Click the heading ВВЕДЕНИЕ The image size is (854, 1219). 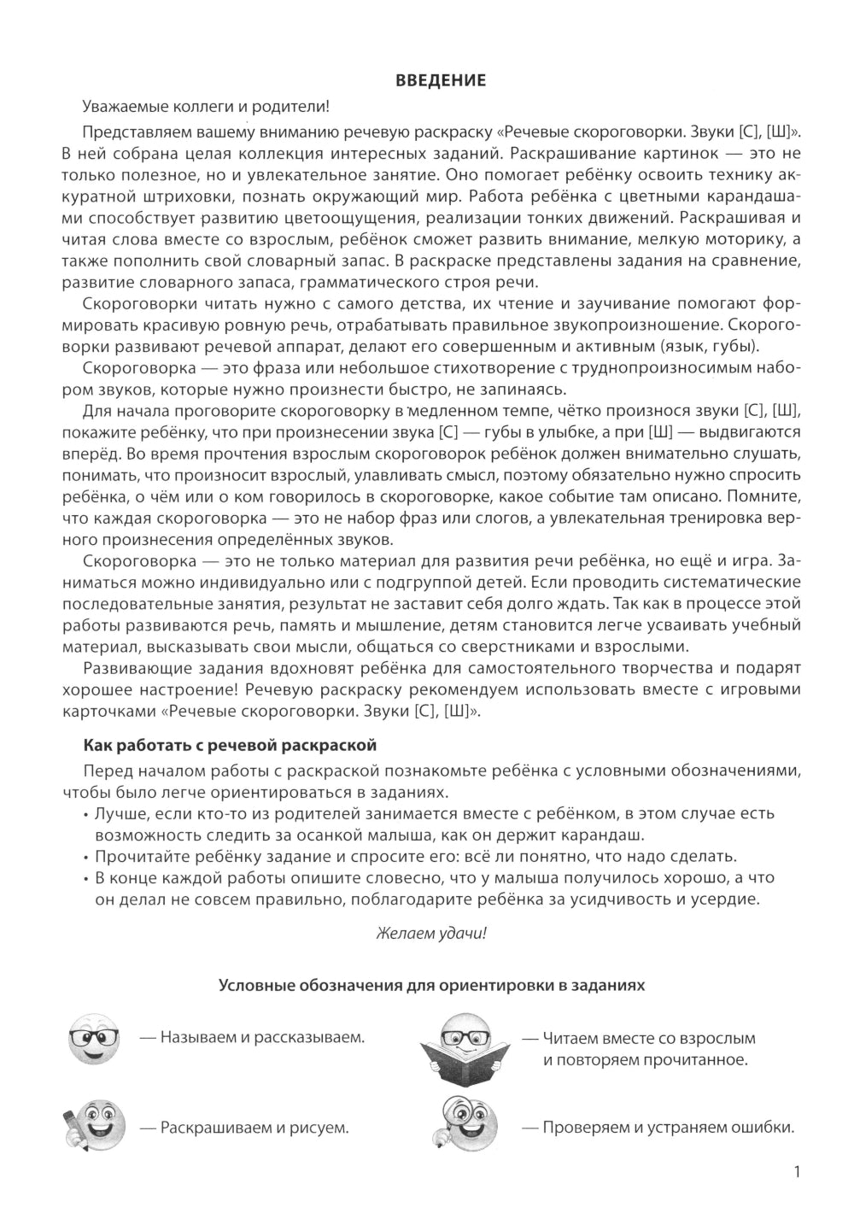(441, 80)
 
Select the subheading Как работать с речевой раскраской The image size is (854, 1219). (230, 745)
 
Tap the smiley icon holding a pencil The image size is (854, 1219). (90, 1127)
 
